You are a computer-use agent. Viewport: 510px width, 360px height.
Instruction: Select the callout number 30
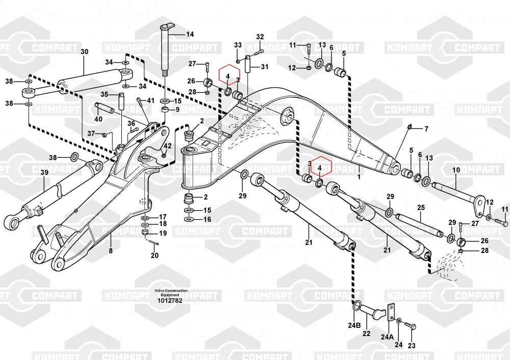tap(84, 52)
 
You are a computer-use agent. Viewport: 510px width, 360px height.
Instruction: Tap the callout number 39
tap(44, 173)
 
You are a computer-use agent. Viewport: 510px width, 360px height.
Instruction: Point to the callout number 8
tap(110, 250)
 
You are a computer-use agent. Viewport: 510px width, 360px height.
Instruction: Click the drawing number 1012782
tap(171, 300)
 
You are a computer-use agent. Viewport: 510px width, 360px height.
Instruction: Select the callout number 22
tap(366, 334)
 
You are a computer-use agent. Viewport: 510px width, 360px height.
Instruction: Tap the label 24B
tap(354, 325)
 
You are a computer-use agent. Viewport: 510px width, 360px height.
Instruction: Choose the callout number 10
tap(456, 169)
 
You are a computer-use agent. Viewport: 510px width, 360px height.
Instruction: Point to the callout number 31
tap(264, 67)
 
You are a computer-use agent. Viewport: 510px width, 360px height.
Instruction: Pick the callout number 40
tap(98, 119)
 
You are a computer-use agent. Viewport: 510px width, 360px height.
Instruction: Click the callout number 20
tap(155, 256)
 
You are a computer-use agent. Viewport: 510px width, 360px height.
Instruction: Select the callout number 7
tap(426, 128)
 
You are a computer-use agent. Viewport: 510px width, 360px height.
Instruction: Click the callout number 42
tap(168, 146)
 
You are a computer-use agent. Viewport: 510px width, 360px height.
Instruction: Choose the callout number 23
tap(412, 346)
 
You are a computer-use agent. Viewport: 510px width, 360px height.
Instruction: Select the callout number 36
tap(131, 123)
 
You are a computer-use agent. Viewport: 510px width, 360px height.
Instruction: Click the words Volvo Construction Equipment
tap(171, 293)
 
